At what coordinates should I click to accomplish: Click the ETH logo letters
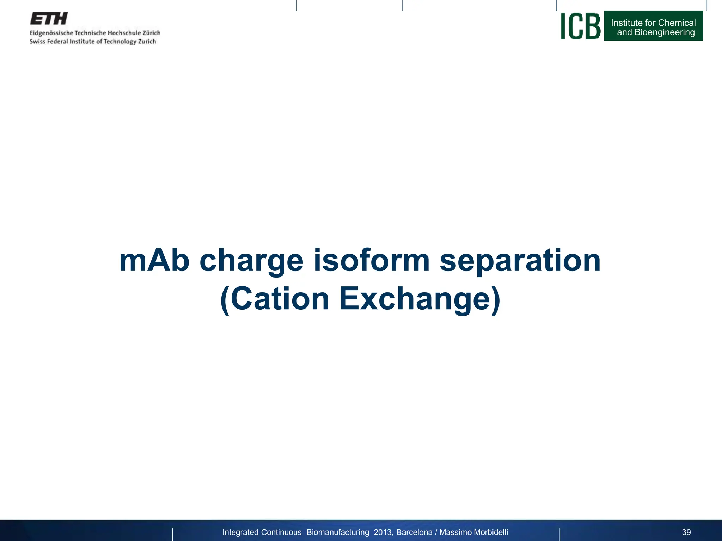[49, 19]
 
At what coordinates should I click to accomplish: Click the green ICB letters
[580, 26]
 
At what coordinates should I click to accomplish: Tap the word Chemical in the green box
[677, 23]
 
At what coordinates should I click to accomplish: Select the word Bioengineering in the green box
[665, 32]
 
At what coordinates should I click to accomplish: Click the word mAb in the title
[154, 261]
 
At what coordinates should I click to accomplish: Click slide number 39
[686, 532]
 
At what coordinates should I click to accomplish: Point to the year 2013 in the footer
[383, 532]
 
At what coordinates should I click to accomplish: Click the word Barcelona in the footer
[414, 532]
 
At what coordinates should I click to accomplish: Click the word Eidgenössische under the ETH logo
[51, 33]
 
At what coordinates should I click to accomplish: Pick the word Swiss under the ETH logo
[37, 42]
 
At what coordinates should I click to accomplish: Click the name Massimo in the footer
[454, 532]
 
